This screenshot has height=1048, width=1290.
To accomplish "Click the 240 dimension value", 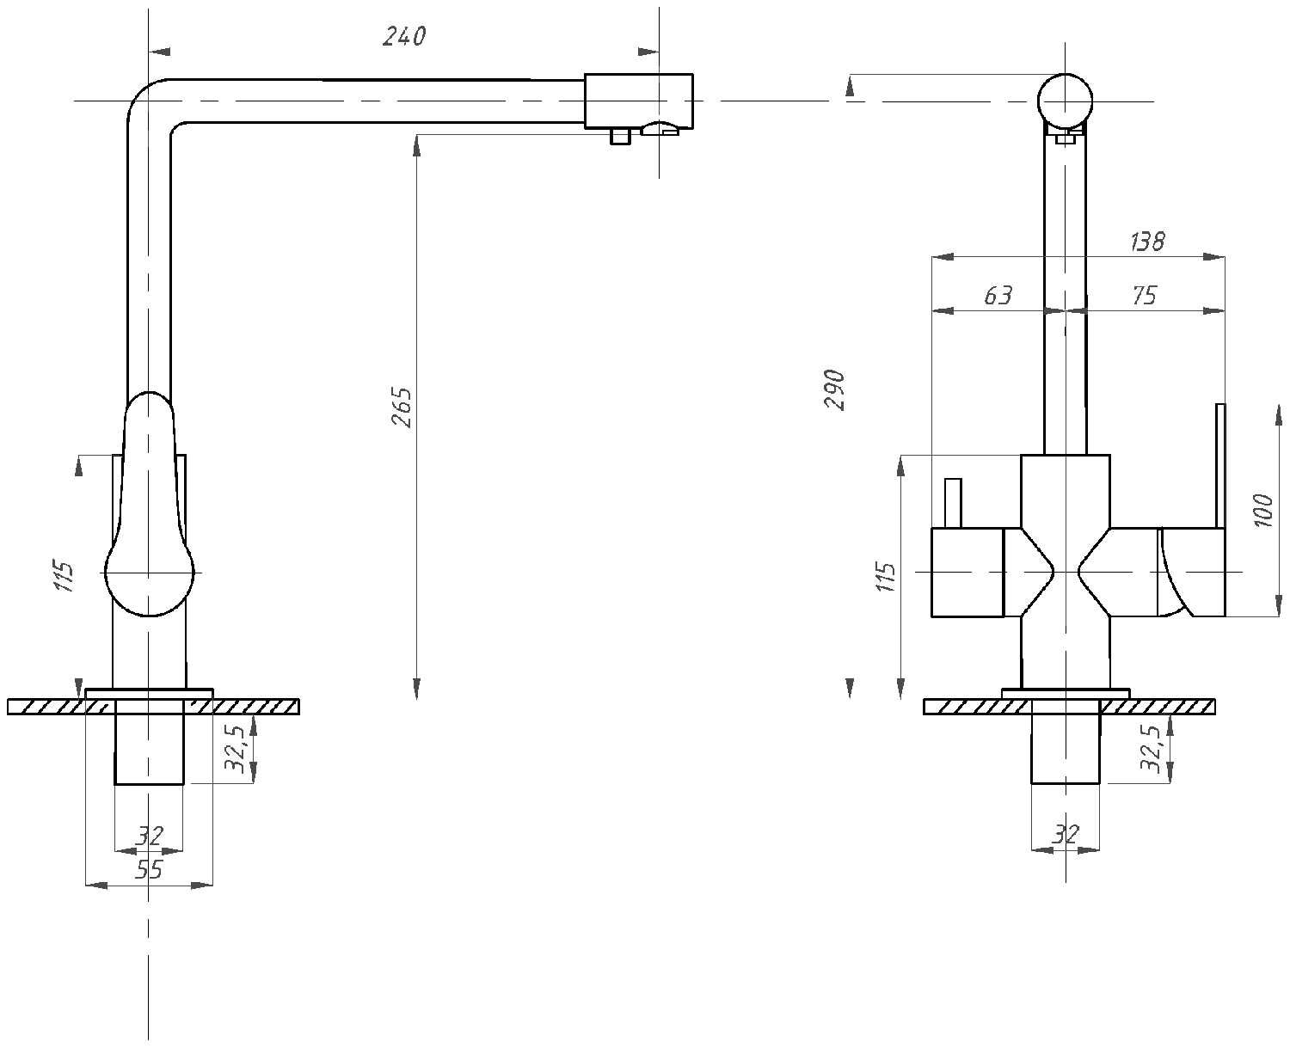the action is point(404,36).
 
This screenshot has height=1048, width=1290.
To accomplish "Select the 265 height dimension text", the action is point(402,407).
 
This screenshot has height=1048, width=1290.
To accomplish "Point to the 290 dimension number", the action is point(834,389).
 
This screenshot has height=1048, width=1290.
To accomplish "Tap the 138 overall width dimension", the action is point(1147,242).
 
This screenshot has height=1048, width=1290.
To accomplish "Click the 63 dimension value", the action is point(998,295).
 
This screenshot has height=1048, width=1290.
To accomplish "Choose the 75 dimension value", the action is point(1144,295).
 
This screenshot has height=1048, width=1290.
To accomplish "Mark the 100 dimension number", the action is point(1263,511).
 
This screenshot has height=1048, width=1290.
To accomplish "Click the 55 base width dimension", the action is point(149,869).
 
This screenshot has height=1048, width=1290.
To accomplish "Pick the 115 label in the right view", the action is point(886,577).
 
